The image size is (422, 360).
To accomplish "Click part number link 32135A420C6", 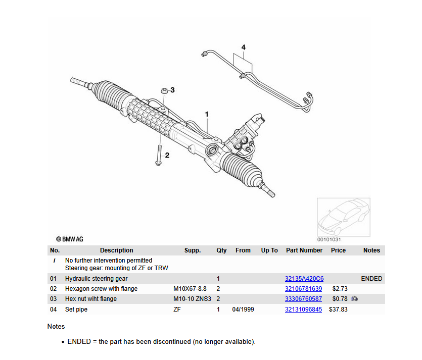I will point(304,279).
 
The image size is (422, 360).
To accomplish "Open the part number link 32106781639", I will point(303,289).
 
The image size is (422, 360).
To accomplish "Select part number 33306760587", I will point(303,299).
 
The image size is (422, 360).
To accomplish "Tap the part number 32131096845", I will point(303,310).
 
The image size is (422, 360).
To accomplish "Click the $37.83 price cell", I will point(338,310).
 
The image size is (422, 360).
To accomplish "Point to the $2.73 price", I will point(340,289).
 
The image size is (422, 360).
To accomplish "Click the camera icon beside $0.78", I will point(354,299).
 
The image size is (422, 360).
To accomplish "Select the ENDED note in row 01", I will point(371,279).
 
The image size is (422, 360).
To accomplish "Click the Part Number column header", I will point(304,250).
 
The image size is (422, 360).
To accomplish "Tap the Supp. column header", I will point(193,250).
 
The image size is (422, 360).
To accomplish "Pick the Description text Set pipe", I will point(76,310).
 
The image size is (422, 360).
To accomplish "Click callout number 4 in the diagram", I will point(243,47).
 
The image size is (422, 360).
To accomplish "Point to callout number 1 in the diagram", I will point(207,115).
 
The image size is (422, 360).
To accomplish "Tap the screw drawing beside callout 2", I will point(158,155).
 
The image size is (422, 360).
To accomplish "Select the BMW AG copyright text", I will point(69,239).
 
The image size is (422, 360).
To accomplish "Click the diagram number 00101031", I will point(329,239).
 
